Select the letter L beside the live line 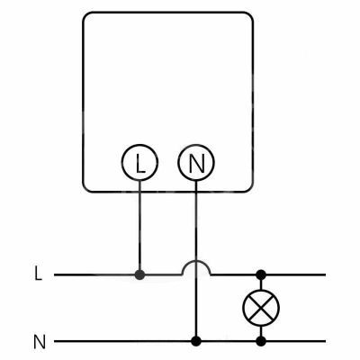pos(38,274)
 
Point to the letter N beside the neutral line pos(40,342)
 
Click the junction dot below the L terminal pos(139,274)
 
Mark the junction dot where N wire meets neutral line pos(196,341)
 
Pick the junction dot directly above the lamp pos(261,274)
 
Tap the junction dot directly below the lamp pos(261,341)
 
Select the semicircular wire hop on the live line pos(196,261)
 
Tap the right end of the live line pos(325,274)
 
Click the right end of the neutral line pos(325,341)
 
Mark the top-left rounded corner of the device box pos(85,15)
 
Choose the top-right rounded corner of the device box pos(249,15)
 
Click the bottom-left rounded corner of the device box pos(85,188)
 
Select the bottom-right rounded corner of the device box pos(249,188)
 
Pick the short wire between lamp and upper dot pos(261,284)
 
